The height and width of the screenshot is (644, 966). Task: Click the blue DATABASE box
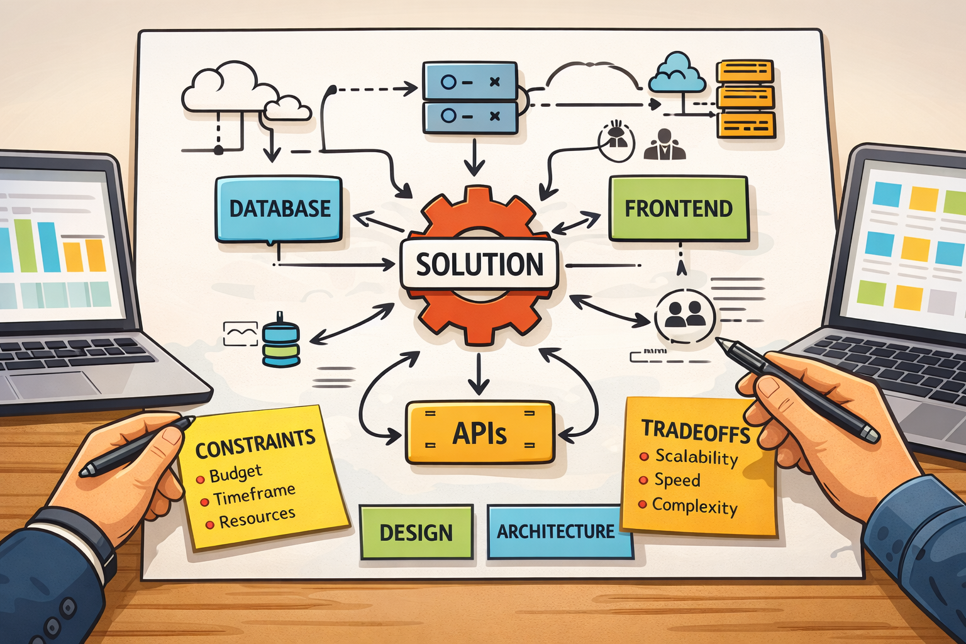[279, 209]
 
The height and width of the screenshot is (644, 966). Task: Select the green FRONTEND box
[679, 209]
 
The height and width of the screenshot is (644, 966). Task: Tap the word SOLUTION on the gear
[479, 264]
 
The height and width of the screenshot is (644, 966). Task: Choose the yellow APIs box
[480, 433]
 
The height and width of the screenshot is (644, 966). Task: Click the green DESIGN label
[416, 533]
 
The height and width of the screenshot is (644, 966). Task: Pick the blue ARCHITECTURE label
[556, 532]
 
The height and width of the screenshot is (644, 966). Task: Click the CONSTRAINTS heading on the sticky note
[255, 443]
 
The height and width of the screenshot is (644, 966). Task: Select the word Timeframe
[254, 495]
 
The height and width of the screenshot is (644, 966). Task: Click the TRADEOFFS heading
[696, 431]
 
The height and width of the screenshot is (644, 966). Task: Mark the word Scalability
[696, 457]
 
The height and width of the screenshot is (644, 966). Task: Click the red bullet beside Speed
[643, 480]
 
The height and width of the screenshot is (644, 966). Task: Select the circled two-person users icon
[685, 314]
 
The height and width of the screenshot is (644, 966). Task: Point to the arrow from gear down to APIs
[479, 374]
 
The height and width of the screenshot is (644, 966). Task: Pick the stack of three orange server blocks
[745, 99]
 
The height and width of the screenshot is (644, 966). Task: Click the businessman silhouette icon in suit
[664, 145]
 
